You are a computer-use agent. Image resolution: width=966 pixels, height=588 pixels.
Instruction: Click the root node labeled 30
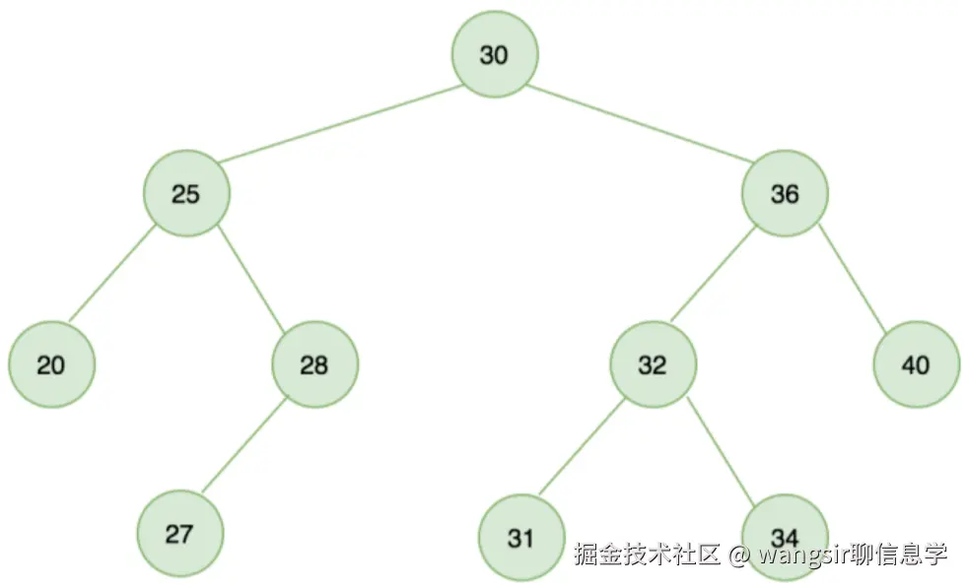pyautogui.click(x=495, y=55)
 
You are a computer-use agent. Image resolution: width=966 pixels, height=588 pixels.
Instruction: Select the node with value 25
pyautogui.click(x=186, y=194)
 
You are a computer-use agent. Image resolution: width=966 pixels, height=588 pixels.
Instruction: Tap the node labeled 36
pyautogui.click(x=785, y=194)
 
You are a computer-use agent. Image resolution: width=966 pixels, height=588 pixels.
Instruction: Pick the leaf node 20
pyautogui.click(x=51, y=365)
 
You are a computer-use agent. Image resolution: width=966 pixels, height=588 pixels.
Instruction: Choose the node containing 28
pyautogui.click(x=314, y=365)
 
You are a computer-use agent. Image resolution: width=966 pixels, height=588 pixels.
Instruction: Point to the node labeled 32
pyautogui.click(x=652, y=365)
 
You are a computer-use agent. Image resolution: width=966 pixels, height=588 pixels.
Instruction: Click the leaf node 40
pyautogui.click(x=916, y=365)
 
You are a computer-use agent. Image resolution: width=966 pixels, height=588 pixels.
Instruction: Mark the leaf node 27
pyautogui.click(x=179, y=535)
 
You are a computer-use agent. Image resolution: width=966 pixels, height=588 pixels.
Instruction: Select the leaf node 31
pyautogui.click(x=520, y=538)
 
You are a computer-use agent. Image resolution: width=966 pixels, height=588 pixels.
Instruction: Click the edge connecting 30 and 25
pyautogui.click(x=340, y=124)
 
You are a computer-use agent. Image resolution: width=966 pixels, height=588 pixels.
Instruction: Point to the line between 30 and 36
pyautogui.click(x=641, y=124)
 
